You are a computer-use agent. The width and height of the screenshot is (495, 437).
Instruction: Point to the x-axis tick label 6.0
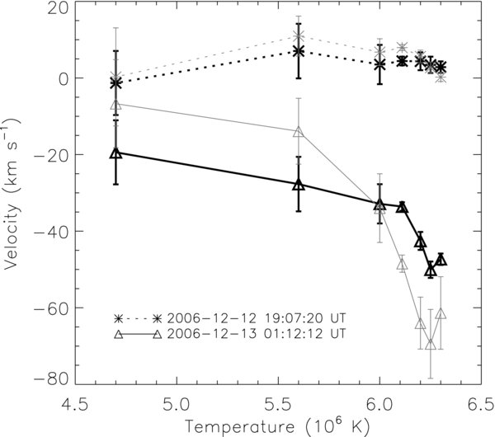click(379, 405)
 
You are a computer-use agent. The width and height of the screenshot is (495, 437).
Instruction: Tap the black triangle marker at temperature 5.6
click(299, 184)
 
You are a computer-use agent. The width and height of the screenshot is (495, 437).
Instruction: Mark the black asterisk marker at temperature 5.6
click(299, 51)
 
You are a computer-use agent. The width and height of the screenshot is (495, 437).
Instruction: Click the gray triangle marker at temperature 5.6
click(299, 132)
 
